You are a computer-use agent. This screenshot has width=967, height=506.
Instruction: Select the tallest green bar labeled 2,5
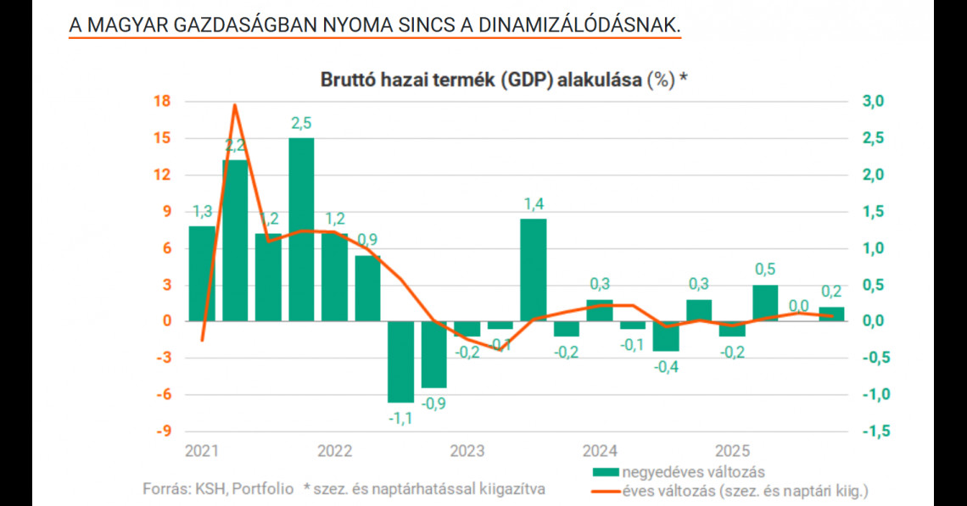(301, 229)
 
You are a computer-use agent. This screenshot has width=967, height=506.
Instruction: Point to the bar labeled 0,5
(765, 303)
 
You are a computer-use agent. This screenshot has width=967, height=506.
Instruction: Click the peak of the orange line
(234, 105)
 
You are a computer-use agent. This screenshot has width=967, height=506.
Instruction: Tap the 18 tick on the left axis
(161, 102)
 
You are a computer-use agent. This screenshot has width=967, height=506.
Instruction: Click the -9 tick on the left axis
(161, 431)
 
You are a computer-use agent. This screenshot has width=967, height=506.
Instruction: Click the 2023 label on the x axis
(467, 450)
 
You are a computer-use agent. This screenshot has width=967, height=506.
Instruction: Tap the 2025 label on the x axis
(732, 450)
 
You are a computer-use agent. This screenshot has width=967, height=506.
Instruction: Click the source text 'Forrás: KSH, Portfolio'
(218, 489)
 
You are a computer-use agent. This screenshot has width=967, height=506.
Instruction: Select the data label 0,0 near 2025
(798, 306)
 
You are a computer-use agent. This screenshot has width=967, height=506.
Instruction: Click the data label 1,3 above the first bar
(202, 211)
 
